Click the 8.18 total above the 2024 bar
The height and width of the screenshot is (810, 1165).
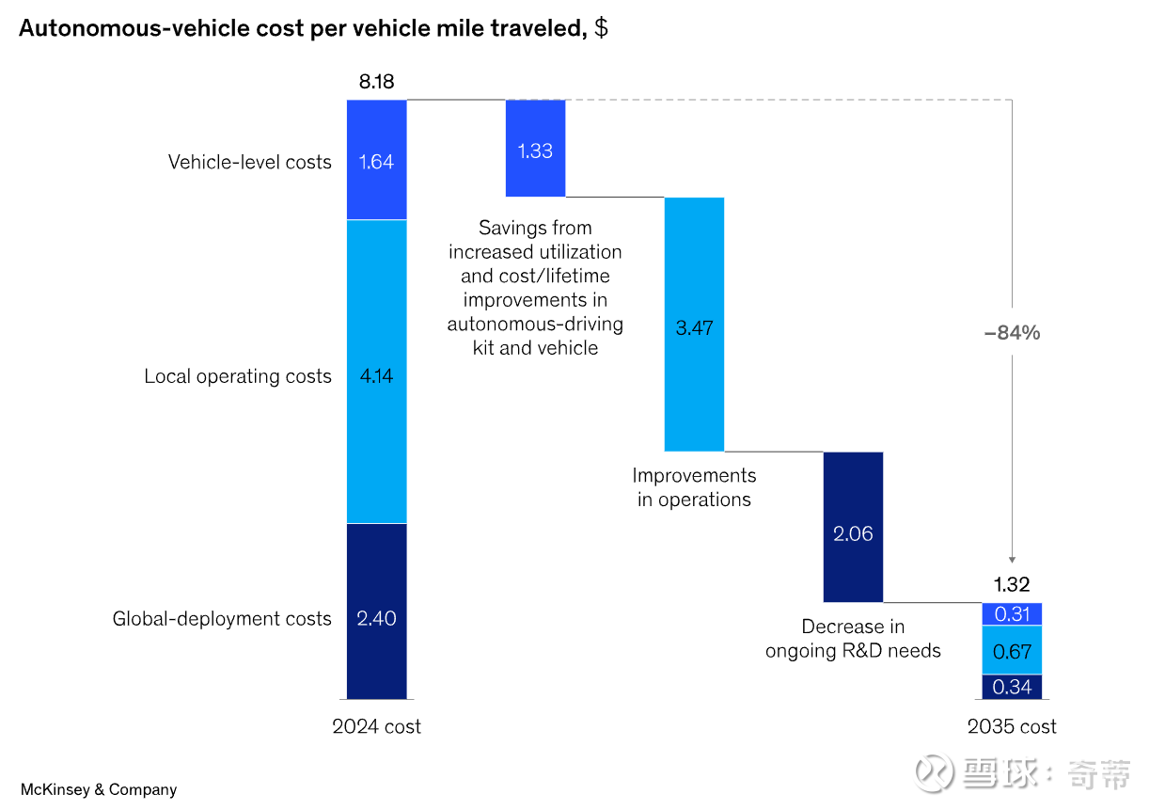coord(376,82)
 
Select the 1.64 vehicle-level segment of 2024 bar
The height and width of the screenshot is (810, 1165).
coord(376,160)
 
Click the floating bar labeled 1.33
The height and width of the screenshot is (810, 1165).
coord(535,149)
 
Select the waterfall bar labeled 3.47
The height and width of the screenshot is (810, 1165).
coord(694,325)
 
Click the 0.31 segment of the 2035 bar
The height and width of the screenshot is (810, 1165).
coord(1012,614)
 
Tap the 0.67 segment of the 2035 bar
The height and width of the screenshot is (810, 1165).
coord(1012,650)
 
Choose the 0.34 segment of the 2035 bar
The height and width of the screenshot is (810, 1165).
coord(1012,687)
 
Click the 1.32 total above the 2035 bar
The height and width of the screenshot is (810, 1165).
coord(1012,584)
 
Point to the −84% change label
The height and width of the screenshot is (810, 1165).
coord(1012,332)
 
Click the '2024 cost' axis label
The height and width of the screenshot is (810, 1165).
coord(376,726)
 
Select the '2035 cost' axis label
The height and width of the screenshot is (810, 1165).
coord(1012,726)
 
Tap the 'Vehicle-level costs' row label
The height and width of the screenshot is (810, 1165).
coord(249,162)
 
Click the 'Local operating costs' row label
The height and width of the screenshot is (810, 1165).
coord(238,376)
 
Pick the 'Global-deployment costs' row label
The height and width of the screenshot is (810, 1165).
coord(222,619)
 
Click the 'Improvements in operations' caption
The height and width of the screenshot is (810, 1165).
coord(694,487)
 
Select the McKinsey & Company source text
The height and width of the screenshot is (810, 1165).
coord(98,789)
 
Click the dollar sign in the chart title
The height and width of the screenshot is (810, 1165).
coord(601,28)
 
